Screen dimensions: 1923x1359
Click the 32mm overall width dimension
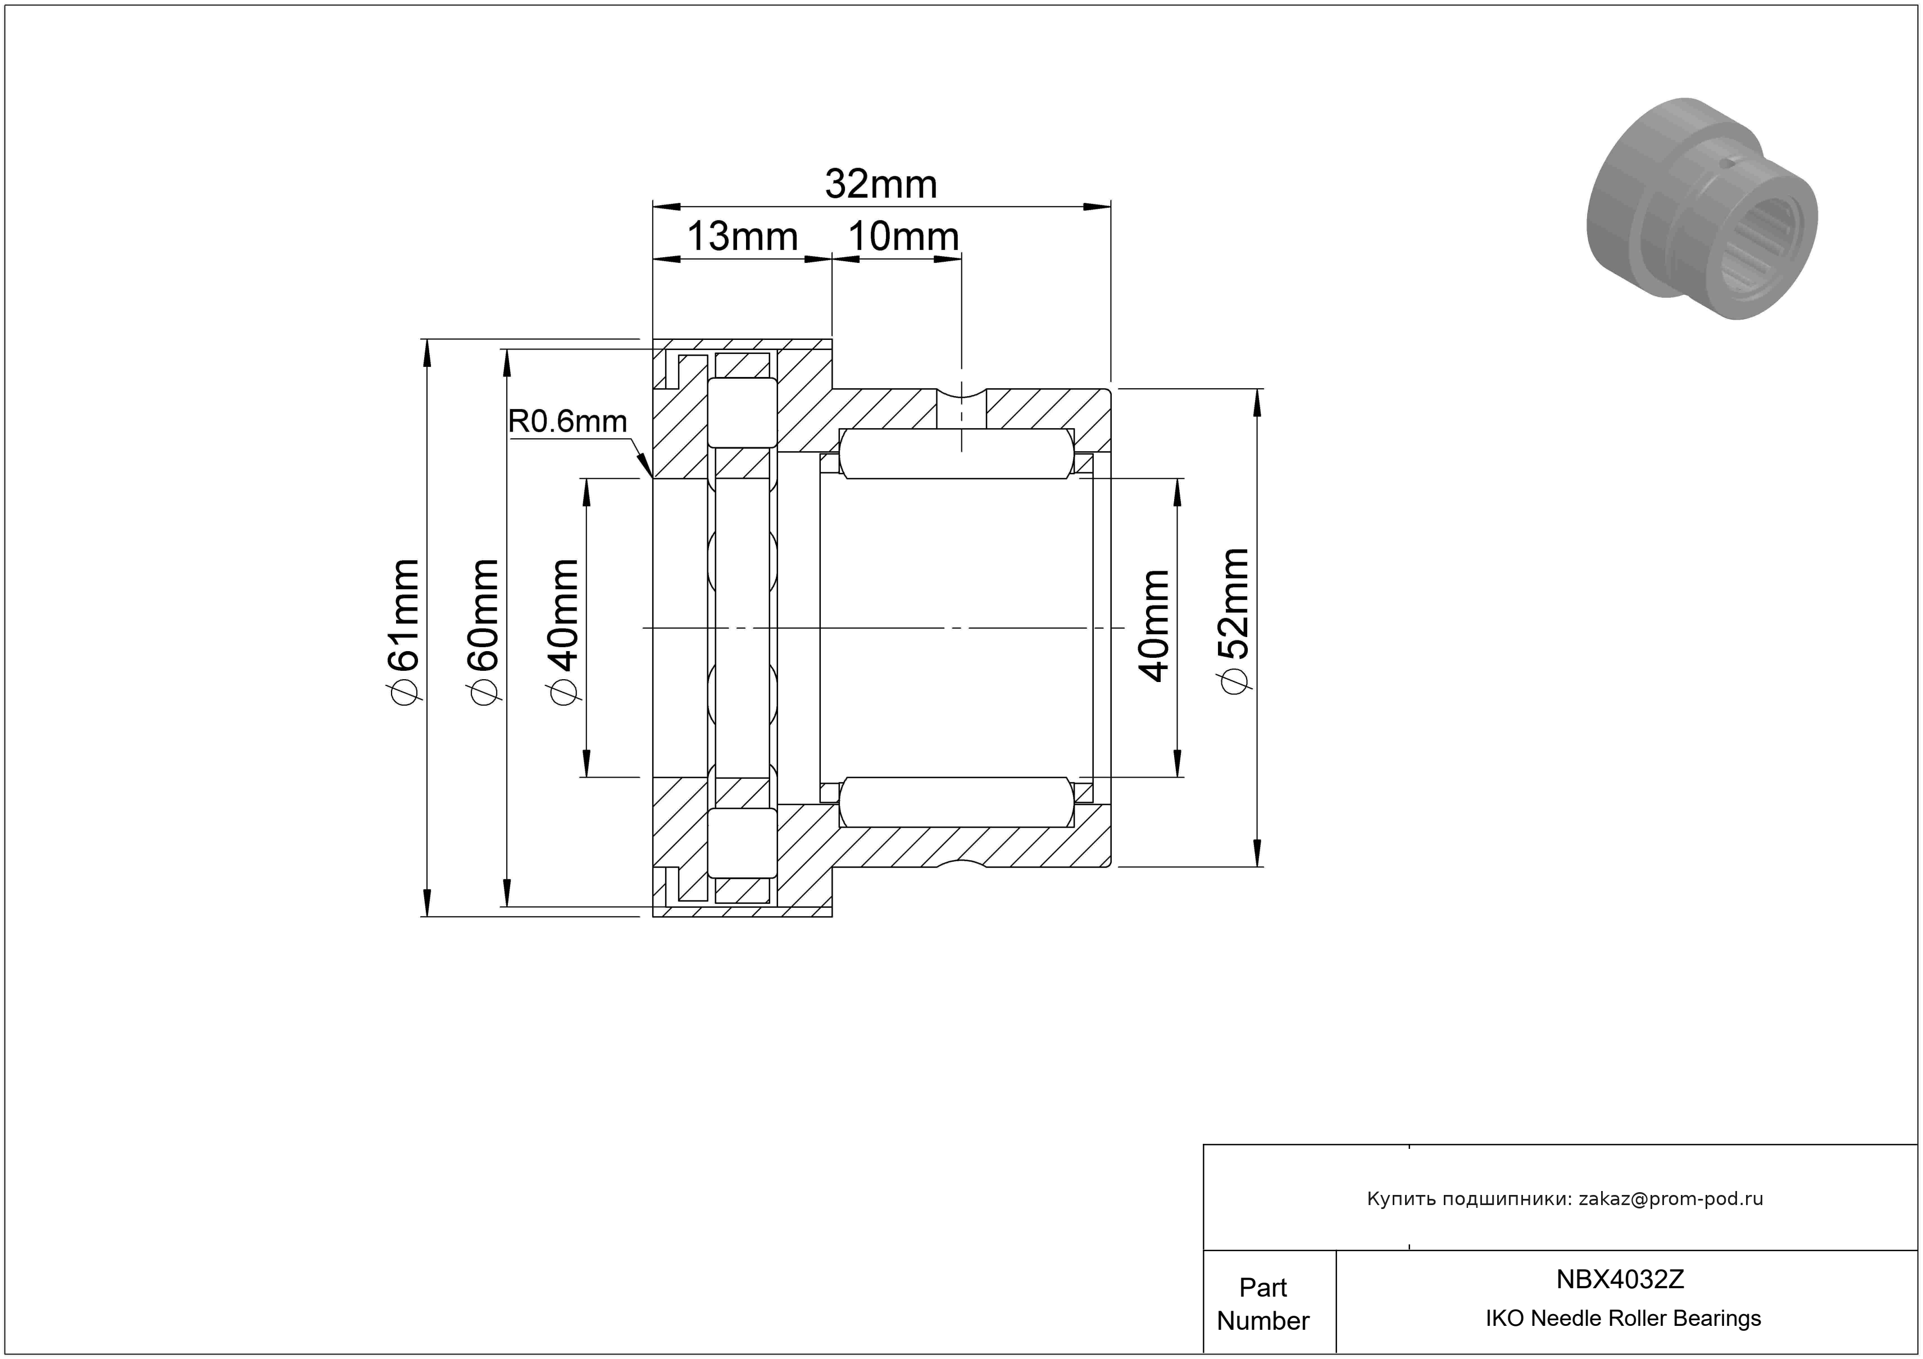click(880, 184)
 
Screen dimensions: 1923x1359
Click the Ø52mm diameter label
click(1235, 621)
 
